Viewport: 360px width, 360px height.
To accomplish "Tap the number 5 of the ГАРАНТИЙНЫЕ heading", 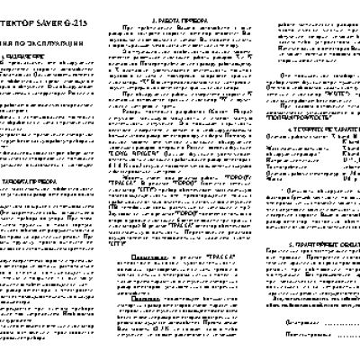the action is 278,243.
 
